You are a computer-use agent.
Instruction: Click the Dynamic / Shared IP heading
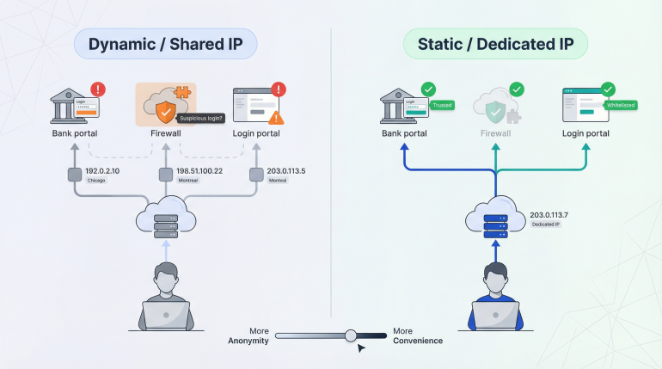(165, 44)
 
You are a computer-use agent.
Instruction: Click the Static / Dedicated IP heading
(496, 44)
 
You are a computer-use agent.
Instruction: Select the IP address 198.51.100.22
(199, 170)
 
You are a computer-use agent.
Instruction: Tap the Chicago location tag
(97, 181)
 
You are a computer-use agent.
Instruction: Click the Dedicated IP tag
(547, 224)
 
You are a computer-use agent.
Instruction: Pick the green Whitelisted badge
(619, 105)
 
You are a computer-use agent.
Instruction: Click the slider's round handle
(351, 335)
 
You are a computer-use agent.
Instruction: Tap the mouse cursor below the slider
(362, 347)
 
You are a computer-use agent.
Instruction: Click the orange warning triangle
(276, 118)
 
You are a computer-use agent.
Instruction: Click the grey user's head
(166, 276)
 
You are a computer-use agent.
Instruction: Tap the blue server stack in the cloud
(496, 223)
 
